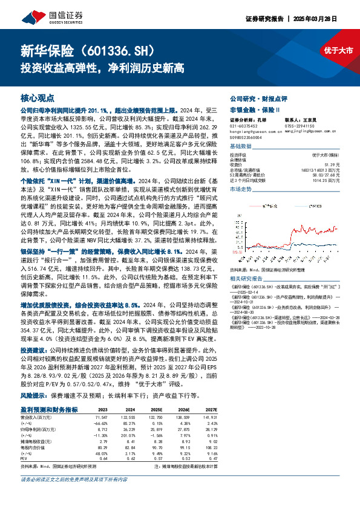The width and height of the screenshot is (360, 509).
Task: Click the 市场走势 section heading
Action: point(241,189)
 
